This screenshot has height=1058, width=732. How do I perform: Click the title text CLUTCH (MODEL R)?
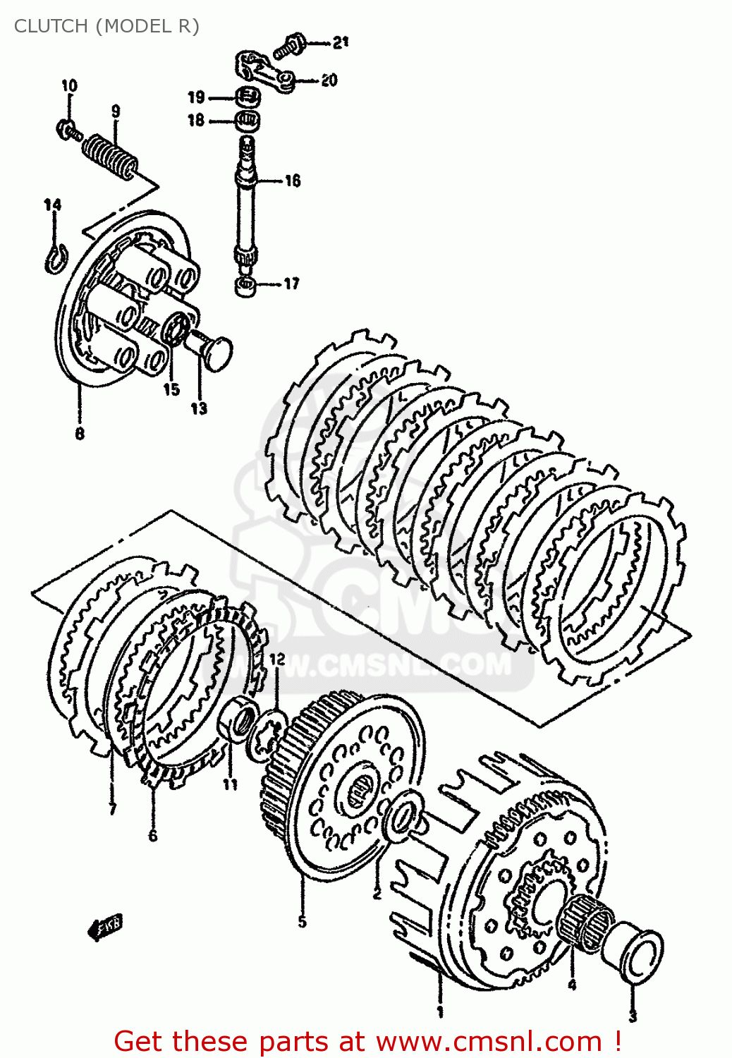pos(106,26)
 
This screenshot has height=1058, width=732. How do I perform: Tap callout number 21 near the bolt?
pos(341,42)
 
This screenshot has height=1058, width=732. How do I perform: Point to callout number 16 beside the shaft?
pos(292,181)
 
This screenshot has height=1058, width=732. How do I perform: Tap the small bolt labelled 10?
pos(68,130)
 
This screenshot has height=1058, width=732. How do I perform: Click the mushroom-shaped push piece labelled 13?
pos(209,348)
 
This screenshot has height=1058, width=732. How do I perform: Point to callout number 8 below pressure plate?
pos(80,434)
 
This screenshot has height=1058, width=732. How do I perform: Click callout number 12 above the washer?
pos(277,659)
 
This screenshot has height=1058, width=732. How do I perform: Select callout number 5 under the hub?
pos(302,921)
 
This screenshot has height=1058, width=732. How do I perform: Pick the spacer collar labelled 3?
pos(637,955)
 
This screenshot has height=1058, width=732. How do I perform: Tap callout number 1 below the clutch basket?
pos(440,1012)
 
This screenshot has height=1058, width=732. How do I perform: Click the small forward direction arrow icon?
pos(104,927)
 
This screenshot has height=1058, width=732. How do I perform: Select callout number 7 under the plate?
pos(113,809)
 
